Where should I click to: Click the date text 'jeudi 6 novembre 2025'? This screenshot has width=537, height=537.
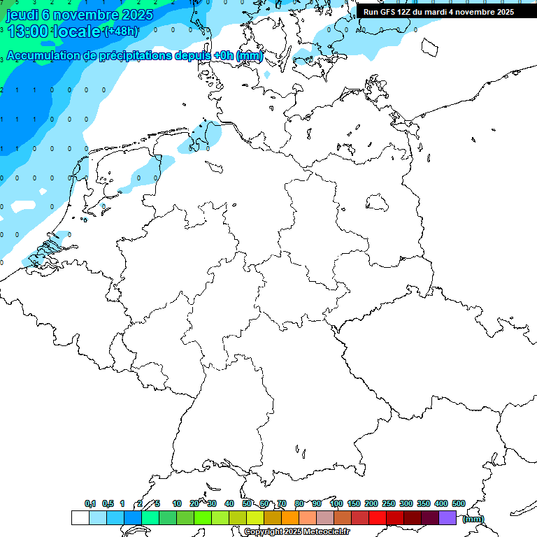[x=80, y=14]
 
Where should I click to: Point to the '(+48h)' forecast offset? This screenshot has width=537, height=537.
[x=120, y=31]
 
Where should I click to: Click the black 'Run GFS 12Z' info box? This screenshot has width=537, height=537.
[x=438, y=12]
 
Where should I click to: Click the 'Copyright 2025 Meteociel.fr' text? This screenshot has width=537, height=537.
[x=297, y=532]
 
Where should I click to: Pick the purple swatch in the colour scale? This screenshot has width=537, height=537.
[x=447, y=517]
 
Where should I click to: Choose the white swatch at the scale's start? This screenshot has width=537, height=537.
[x=80, y=517]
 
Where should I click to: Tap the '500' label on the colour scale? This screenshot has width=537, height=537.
[x=459, y=503]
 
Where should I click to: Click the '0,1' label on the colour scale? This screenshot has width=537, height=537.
[x=90, y=503]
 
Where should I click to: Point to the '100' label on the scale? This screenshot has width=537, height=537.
[x=336, y=503]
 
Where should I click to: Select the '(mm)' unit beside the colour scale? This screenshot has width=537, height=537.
[x=473, y=519]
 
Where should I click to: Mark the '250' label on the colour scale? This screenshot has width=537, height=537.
[x=389, y=503]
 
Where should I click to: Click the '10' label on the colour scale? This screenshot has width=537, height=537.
[x=177, y=503]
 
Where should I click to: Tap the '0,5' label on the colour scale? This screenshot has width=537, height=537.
[x=108, y=503]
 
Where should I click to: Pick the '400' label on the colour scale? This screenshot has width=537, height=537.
[x=441, y=503]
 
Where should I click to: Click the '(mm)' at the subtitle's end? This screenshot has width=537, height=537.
[x=250, y=55]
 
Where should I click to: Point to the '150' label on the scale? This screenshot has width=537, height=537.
[x=354, y=503]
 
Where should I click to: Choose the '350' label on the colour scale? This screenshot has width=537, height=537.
[x=424, y=503]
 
